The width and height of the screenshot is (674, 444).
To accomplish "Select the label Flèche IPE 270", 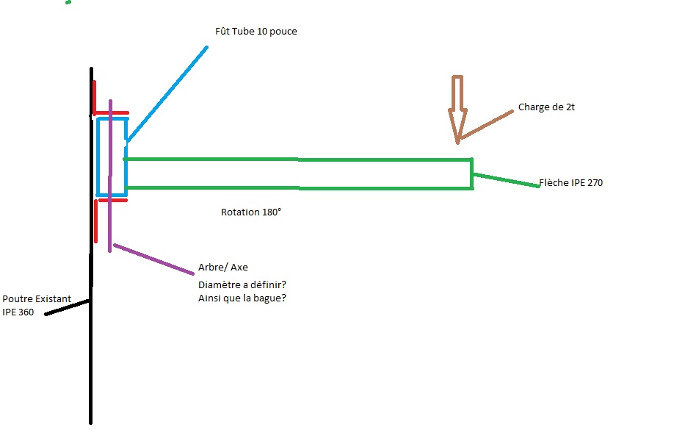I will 570,183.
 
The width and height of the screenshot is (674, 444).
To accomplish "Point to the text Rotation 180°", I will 251,212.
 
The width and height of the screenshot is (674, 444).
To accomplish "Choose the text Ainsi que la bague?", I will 242,298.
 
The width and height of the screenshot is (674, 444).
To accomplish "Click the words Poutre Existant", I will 37,300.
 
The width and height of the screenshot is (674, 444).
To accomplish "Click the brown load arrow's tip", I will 457,140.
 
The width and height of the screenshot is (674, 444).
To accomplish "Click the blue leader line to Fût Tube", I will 167,93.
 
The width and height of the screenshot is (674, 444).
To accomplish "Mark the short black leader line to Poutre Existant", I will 68,307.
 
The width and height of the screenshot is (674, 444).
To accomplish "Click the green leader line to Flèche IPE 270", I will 506,181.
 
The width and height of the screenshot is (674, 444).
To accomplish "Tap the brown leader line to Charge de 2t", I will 485,124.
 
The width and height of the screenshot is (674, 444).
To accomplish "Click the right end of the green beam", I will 471,174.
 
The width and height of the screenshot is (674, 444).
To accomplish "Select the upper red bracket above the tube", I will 110,113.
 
